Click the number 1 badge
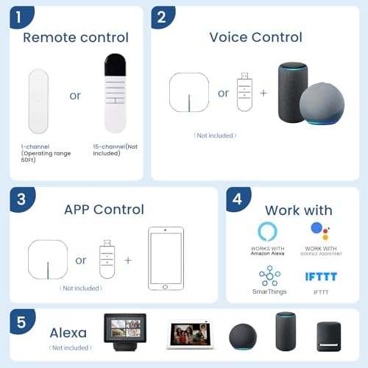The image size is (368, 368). tap(21, 17)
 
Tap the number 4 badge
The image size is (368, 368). tap(238, 199)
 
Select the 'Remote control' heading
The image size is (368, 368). tap(76, 38)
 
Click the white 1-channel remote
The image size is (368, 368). tap(38, 102)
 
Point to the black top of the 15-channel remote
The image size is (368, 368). tap(115, 65)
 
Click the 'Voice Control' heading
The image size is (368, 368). tap(255, 38)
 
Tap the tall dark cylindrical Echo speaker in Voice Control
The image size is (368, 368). tap(292, 92)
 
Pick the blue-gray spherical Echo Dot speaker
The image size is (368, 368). tap(322, 104)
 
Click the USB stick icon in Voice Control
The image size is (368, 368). tap(244, 92)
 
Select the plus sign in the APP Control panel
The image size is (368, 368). tap(128, 261)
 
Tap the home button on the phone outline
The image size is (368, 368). tap(165, 287)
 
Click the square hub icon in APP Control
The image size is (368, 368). tap(48, 260)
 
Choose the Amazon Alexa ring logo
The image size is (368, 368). tap(267, 231)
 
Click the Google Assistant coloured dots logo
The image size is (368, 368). tap(320, 231)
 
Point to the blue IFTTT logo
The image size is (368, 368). tap(321, 277)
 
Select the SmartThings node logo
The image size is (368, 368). tap(269, 276)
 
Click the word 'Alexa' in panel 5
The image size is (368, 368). tap(68, 333)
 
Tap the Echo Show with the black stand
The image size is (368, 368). tap(125, 332)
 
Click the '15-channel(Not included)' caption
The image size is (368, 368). tap(115, 150)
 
